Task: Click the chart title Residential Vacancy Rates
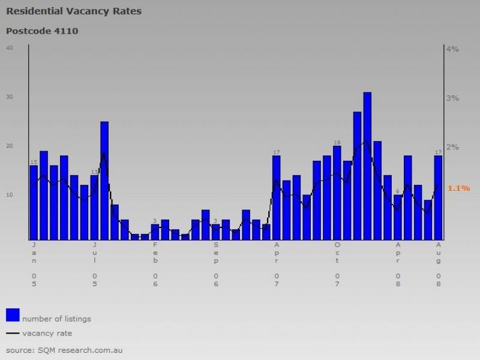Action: pos(74,11)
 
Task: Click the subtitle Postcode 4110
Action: pos(42,31)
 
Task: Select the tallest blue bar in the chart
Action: pos(367,166)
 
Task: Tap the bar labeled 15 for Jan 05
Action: pos(34,202)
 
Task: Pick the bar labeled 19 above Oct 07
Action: pos(337,192)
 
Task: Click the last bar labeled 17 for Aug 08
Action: pos(438,197)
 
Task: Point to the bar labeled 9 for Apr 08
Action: pos(398,217)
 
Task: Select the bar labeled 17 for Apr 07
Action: pos(277,197)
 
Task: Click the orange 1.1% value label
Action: pos(458,188)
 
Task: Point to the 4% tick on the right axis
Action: pos(452,49)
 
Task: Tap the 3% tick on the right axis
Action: pos(452,98)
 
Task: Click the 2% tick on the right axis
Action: pos(452,147)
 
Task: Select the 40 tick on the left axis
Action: pos(10,48)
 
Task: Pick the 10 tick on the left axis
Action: pos(10,194)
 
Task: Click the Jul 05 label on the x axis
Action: pos(95,264)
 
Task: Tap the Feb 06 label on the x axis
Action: pos(155,264)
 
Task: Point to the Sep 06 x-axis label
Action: pos(216,264)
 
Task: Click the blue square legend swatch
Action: pos(13,315)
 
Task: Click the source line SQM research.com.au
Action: pos(64,350)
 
